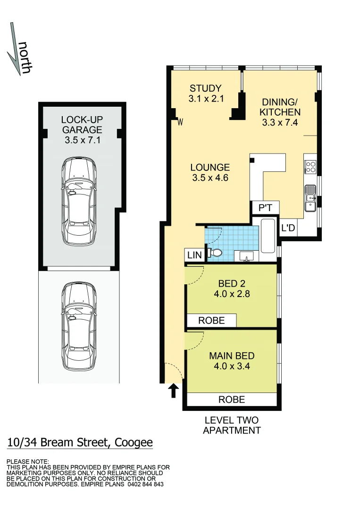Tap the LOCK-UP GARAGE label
(82, 129)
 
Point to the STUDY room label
(205, 93)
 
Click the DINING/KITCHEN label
(281, 112)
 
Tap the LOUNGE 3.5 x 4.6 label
(210, 172)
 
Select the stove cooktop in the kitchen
(311, 167)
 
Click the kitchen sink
(310, 199)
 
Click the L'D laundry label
(288, 228)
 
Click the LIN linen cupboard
(194, 255)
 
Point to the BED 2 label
(232, 289)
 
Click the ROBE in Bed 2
(211, 320)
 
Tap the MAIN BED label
(232, 361)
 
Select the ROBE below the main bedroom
(231, 399)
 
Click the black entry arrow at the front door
(173, 390)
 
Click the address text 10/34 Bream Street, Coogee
(80, 442)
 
